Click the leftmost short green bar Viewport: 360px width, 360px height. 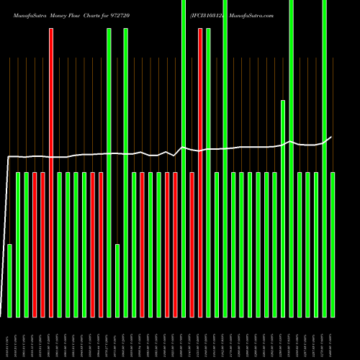(x=10, y=281)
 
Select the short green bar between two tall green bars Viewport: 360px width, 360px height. (x=117, y=281)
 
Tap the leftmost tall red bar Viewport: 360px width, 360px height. (x=51, y=173)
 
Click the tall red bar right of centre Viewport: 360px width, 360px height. (x=200, y=173)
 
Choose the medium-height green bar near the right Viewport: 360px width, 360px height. (x=283, y=209)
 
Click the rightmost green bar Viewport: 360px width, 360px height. (x=333, y=245)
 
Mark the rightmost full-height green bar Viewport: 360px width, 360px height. (x=325, y=158)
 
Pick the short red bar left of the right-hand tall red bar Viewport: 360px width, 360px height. (x=192, y=245)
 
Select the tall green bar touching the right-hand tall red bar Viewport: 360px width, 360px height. (x=208, y=173)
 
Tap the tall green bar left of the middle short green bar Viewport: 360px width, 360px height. (x=109, y=173)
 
